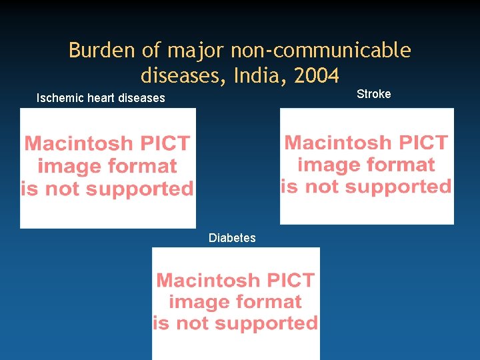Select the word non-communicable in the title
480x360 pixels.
click(x=321, y=51)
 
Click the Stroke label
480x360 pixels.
click(x=373, y=94)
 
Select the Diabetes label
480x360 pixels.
click(x=232, y=238)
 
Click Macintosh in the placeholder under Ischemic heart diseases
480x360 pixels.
click(x=79, y=143)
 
